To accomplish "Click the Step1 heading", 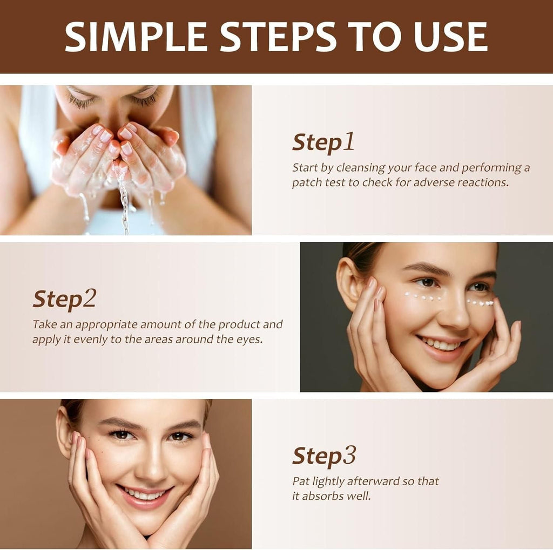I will tap(323, 142).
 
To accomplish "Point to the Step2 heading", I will tap(64, 298).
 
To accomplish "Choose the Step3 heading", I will tap(324, 456).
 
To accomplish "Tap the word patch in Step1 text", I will tap(306, 182).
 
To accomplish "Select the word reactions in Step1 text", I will tap(483, 182).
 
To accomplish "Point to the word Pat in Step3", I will tap(300, 481).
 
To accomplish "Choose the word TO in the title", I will tap(379, 37).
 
